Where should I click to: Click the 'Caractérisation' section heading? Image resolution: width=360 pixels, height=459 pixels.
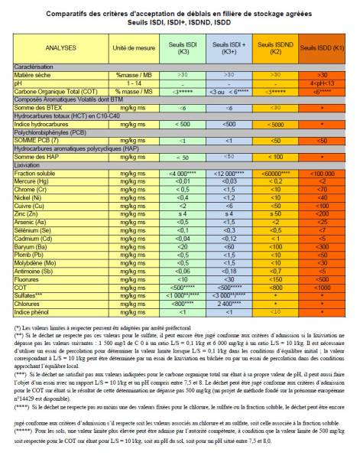pyautogui.click(x=34, y=68)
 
